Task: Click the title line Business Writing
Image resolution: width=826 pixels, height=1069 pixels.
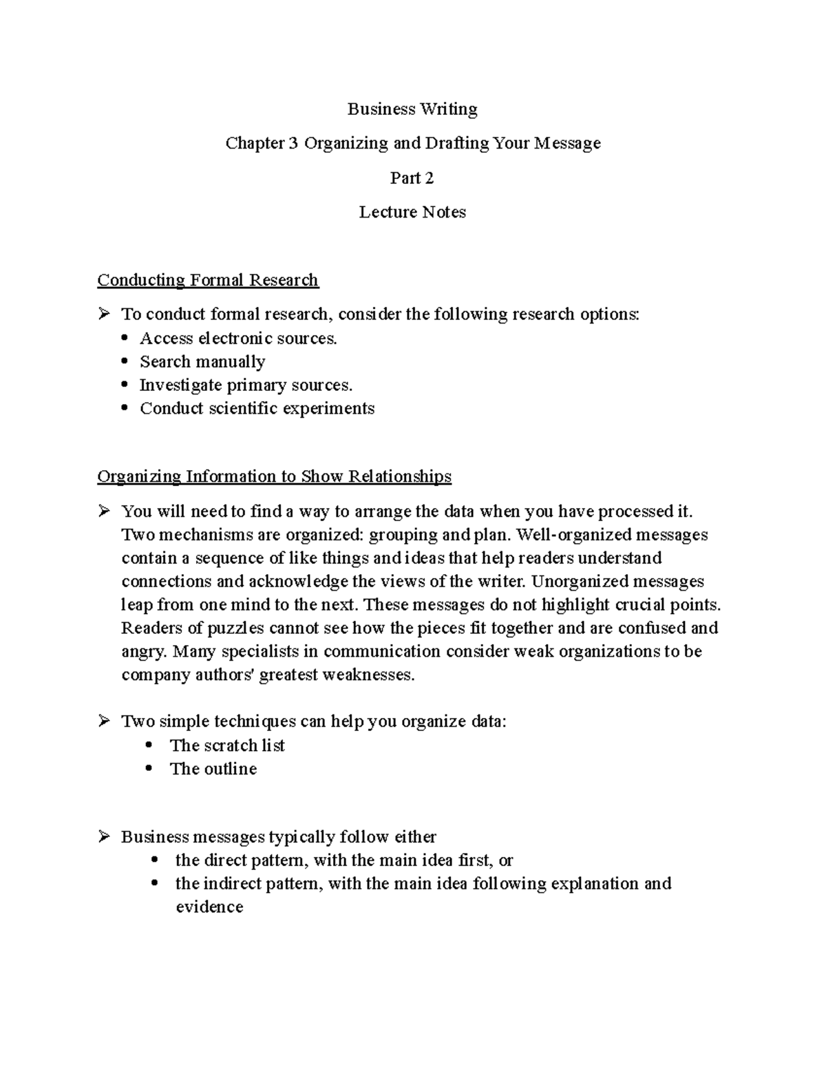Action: tap(412, 109)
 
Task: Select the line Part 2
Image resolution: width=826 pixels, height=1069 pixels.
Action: tap(412, 178)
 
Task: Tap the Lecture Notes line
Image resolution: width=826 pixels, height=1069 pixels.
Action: tap(412, 212)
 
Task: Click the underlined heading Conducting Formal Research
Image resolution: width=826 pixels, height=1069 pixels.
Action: tap(207, 280)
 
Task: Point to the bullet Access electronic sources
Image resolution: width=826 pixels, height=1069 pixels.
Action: tap(238, 338)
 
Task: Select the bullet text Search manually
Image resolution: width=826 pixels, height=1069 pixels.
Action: tap(202, 361)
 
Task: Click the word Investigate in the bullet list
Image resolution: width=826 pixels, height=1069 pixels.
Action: tap(181, 385)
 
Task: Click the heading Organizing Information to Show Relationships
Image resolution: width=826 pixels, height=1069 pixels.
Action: tap(274, 476)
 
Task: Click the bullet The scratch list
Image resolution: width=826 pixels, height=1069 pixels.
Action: tap(226, 745)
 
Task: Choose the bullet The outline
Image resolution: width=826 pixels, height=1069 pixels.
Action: tap(213, 769)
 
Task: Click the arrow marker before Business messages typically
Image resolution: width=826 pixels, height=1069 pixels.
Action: tap(104, 837)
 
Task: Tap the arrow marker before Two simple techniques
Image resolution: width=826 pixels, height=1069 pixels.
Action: tap(104, 721)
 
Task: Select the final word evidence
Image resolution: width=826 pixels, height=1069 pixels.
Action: tap(209, 907)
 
